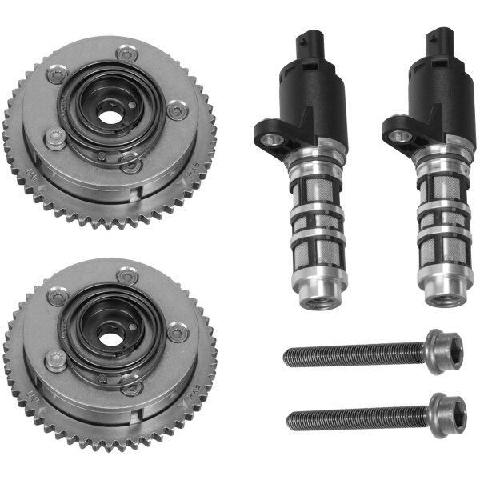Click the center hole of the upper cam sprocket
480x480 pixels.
point(109,112)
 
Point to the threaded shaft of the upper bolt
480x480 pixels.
point(352,354)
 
